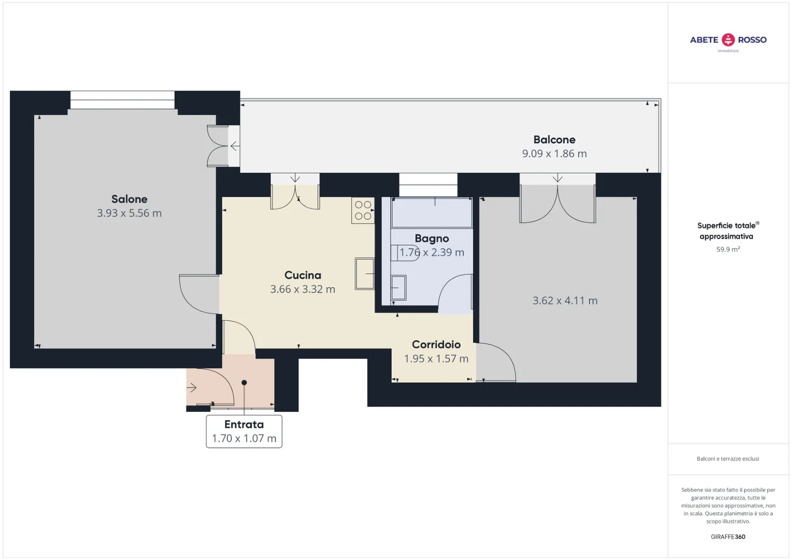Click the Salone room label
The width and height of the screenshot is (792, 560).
click(129, 199)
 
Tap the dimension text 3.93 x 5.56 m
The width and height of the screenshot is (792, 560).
click(129, 213)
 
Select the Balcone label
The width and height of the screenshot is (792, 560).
click(554, 140)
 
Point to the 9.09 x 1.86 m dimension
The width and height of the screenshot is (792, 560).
click(554, 153)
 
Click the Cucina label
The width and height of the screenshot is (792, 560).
click(302, 275)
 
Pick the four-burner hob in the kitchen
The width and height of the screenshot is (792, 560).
click(363, 210)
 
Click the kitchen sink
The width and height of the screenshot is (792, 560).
click(364, 274)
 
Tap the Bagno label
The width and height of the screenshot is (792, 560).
click(432, 239)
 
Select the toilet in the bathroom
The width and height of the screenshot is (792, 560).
click(405, 253)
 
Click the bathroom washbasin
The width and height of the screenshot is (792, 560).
click(398, 288)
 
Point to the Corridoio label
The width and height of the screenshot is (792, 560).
click(436, 345)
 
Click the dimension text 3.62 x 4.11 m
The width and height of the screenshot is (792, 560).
click(565, 301)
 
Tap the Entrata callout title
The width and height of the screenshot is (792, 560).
click(244, 424)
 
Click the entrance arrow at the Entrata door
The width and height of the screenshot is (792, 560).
click(192, 388)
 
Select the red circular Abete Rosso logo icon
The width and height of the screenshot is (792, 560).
click(728, 40)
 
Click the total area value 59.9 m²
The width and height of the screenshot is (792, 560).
click(728, 249)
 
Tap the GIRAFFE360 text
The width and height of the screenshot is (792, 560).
click(728, 537)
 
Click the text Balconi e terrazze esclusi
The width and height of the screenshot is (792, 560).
click(728, 459)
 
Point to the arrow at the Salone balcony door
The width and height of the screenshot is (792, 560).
click(235, 146)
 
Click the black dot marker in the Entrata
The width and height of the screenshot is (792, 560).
click(244, 382)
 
